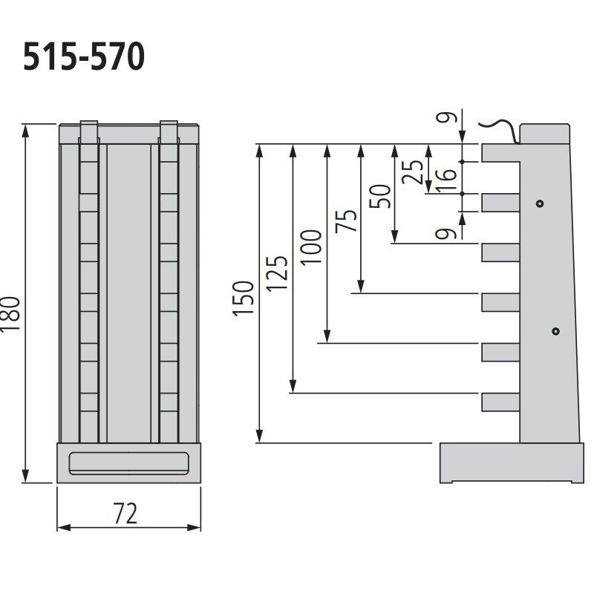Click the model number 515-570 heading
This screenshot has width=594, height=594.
tap(82, 58)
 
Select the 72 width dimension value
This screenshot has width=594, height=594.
tap(126, 512)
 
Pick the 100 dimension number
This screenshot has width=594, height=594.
tap(311, 247)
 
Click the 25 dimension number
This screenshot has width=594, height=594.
tap(416, 172)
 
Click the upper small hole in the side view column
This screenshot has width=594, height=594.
tap(540, 203)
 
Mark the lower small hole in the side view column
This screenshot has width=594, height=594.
tap(555, 331)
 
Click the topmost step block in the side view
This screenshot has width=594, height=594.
tap(501, 152)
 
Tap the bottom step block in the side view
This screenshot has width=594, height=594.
tap(501, 402)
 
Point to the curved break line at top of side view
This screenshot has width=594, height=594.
tap(499, 128)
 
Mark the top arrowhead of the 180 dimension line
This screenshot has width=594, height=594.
tap(26, 131)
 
